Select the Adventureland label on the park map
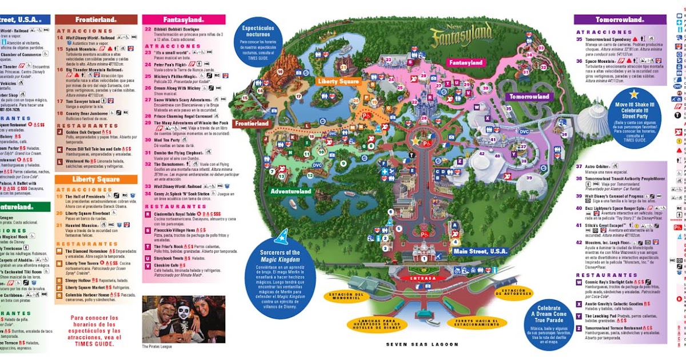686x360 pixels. tap(291, 191)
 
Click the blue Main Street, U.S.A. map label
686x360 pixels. tap(481, 251)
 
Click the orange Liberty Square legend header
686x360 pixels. tap(97, 179)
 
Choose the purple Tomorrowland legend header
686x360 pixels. tap(620, 19)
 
